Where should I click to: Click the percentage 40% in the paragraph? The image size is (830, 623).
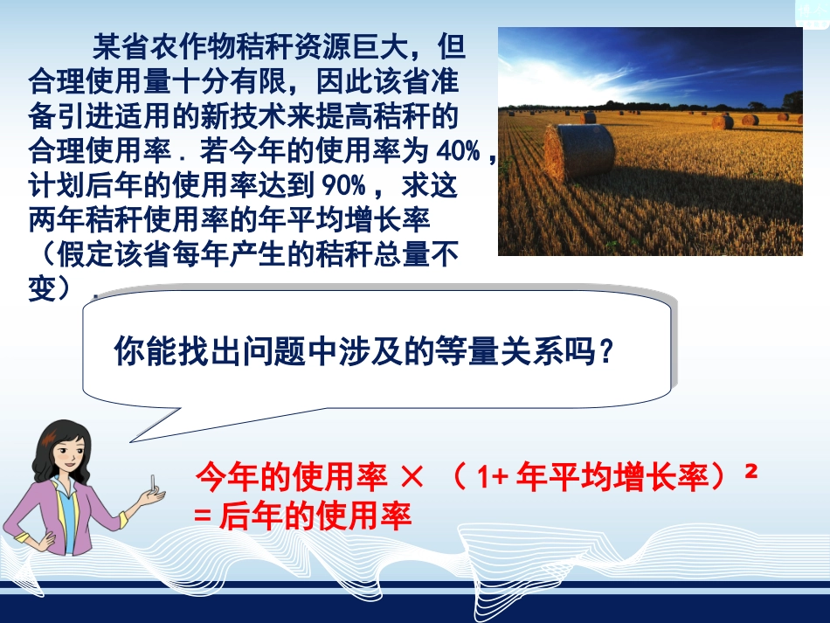(460, 153)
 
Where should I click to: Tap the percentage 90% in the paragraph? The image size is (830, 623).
(349, 187)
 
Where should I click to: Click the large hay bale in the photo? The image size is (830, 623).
(579, 151)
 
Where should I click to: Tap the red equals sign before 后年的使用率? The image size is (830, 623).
(203, 517)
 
